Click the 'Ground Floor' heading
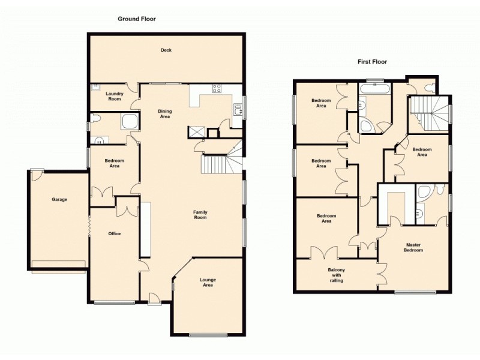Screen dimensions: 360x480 pyautogui.click(x=136, y=19)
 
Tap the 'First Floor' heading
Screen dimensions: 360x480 pyautogui.click(x=372, y=62)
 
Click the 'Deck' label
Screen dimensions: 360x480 pyautogui.click(x=166, y=50)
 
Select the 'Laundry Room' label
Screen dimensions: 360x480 pyautogui.click(x=114, y=96)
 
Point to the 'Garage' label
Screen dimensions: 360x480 pyautogui.click(x=59, y=199)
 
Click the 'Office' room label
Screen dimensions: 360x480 pyautogui.click(x=114, y=233)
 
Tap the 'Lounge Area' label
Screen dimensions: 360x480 pyautogui.click(x=208, y=283)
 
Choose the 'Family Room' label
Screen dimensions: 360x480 pyautogui.click(x=200, y=214)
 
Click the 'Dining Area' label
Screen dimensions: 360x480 pyautogui.click(x=164, y=113)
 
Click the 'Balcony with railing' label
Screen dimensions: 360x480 pyautogui.click(x=336, y=275)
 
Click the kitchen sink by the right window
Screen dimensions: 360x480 pyautogui.click(x=238, y=109)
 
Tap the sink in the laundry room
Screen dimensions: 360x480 pyautogui.click(x=95, y=88)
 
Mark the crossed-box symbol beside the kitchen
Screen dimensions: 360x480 pyautogui.click(x=196, y=132)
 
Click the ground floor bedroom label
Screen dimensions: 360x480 pyautogui.click(x=114, y=163)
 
